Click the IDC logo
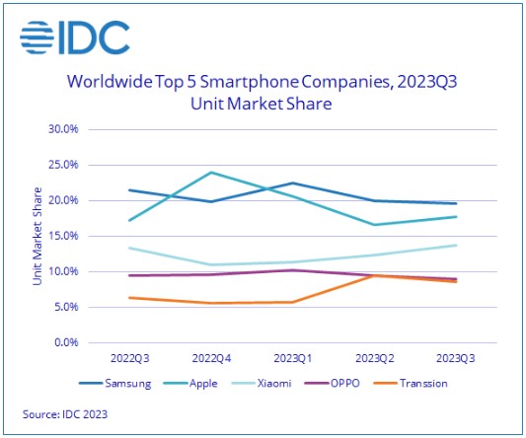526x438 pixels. [75, 36]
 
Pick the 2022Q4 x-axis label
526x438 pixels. [209, 359]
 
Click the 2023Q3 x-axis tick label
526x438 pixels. [452, 359]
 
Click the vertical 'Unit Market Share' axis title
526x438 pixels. [37, 236]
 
